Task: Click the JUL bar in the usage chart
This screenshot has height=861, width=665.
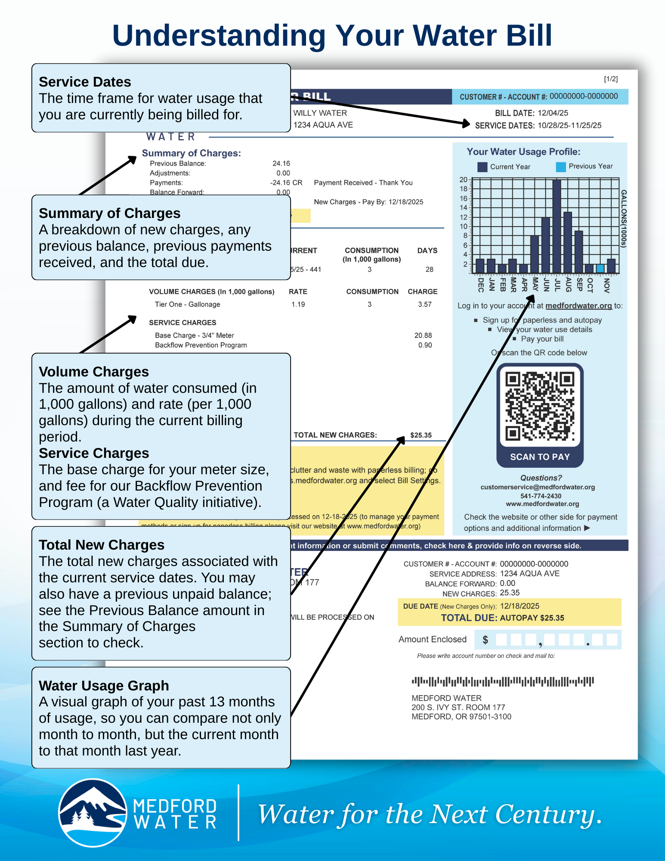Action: (557, 226)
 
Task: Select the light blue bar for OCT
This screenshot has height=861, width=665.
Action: (600, 268)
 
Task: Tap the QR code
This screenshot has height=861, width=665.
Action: (540, 407)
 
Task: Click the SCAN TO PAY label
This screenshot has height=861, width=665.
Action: (540, 457)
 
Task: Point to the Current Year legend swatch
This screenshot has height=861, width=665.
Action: (482, 167)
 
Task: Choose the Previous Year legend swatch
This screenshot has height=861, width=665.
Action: (560, 167)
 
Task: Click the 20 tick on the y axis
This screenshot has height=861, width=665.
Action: (463, 180)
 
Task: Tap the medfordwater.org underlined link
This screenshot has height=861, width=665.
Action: (578, 306)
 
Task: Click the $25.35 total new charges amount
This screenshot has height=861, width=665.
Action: (421, 435)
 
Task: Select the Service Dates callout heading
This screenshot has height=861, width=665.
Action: (85, 82)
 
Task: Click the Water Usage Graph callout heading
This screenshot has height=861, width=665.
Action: (104, 685)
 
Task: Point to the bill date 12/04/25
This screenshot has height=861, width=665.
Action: (553, 113)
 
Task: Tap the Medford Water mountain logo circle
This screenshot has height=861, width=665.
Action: (93, 812)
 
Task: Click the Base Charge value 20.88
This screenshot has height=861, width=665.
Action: (423, 335)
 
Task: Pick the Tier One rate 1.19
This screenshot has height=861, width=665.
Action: (298, 304)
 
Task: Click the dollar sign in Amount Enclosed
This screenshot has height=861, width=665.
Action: (485, 640)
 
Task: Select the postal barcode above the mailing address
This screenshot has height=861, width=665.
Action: (503, 681)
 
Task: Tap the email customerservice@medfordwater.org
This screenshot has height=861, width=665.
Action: (538, 487)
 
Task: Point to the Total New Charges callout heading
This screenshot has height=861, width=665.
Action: (102, 545)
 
